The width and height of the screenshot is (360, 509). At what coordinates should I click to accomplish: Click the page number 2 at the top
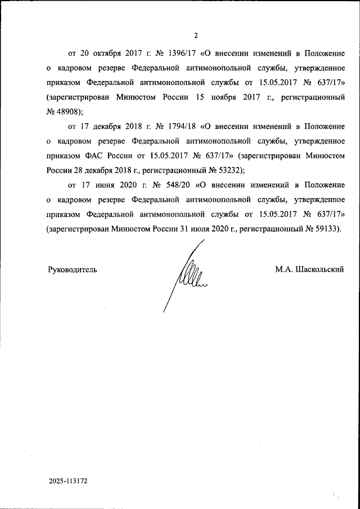coord(195,36)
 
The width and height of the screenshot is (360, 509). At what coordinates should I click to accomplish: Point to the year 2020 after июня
coord(131,184)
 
